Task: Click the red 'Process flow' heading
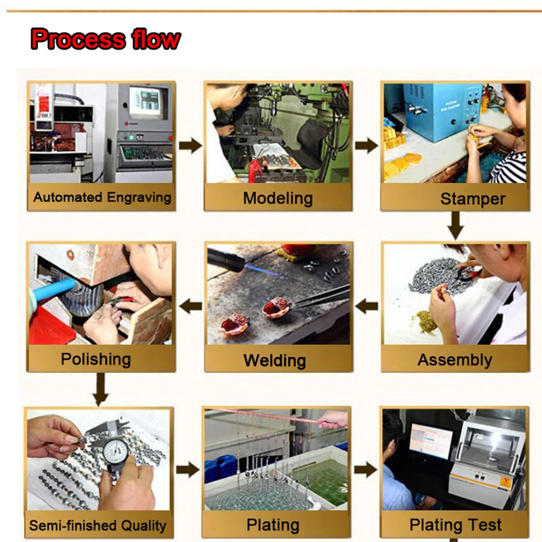106,39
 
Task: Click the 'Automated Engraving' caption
102,198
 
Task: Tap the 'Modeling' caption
278,199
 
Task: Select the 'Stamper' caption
472,199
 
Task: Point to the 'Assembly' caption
455,360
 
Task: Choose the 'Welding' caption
275,360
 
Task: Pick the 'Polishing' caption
96,360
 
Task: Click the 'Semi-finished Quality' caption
98,526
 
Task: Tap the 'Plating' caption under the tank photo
273,525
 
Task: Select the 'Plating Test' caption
455,524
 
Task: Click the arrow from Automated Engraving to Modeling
190,146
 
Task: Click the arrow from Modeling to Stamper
367,146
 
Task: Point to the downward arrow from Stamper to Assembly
455,226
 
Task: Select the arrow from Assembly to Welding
367,306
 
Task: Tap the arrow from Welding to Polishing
190,306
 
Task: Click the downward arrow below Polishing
100,390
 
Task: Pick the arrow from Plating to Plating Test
365,470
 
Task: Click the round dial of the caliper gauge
115,453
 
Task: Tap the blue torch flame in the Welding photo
266,270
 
